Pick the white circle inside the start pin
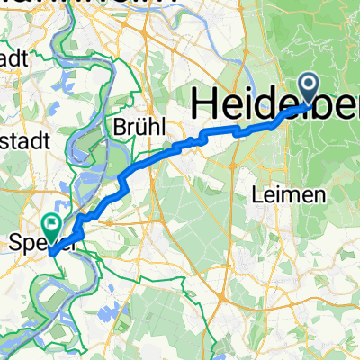click(309, 86)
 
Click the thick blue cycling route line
click(162, 150)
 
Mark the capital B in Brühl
click(118, 128)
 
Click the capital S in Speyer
click(13, 242)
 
